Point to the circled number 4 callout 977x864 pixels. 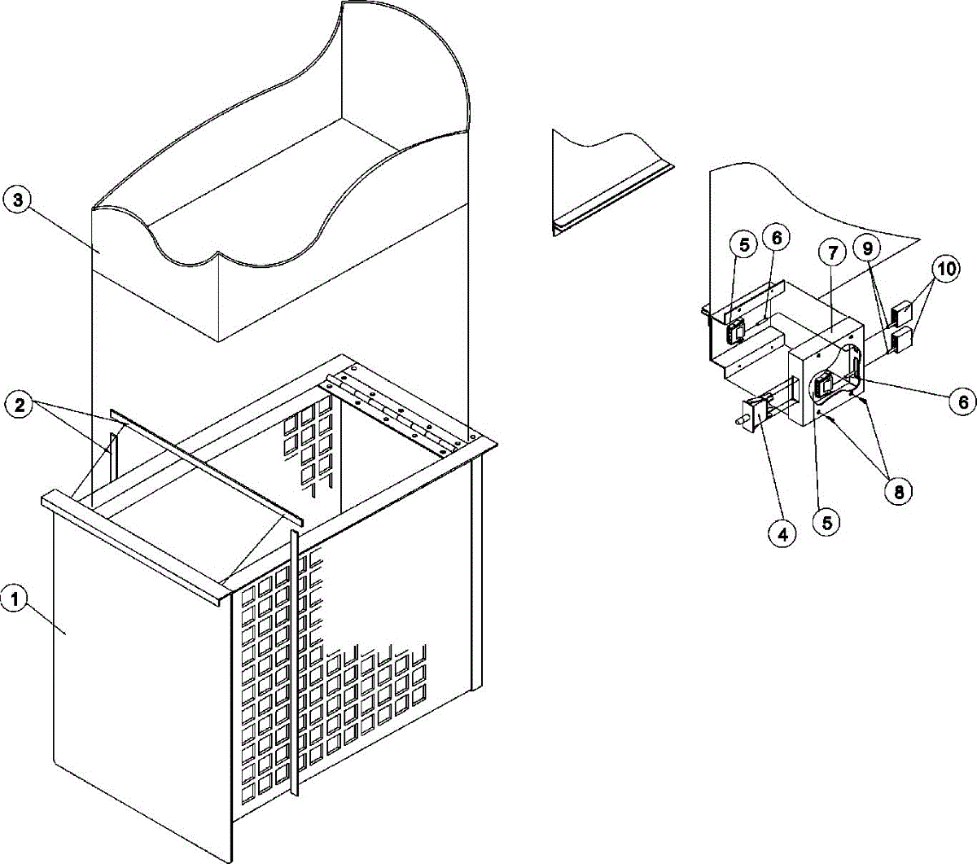[x=782, y=534]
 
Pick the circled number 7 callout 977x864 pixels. [x=832, y=253]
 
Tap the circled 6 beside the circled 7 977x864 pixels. [x=777, y=238]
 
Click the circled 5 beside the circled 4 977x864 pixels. [x=826, y=523]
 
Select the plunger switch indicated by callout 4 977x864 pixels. [x=762, y=411]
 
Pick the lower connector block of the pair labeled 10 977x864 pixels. [x=902, y=339]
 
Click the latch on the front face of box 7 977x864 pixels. [x=824, y=384]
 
